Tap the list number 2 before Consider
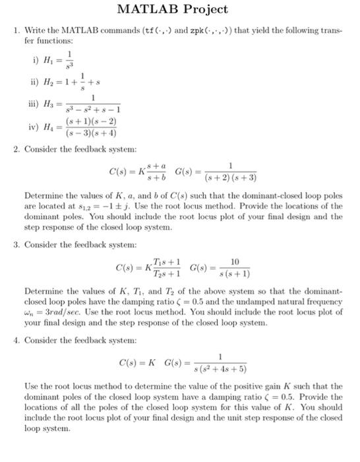pos(16,148)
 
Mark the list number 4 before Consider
pos(16,342)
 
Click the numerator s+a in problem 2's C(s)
pos(157,166)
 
